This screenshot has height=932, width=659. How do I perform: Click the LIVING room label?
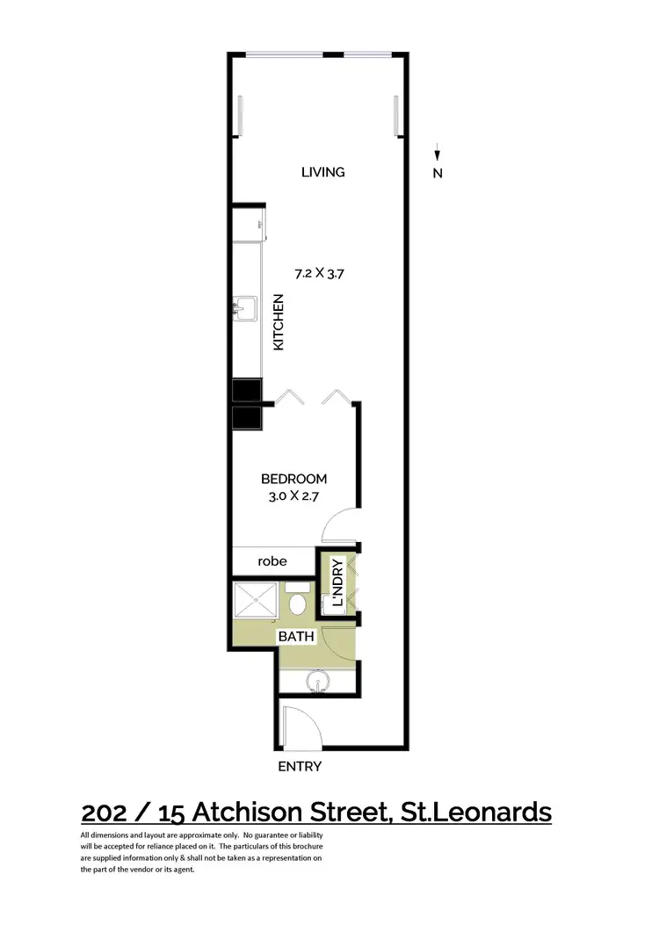[322, 172]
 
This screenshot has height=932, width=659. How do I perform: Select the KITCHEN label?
[279, 322]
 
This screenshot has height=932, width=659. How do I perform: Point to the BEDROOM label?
[294, 480]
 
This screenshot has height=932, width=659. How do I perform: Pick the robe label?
[272, 560]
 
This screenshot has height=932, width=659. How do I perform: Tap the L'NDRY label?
[335, 583]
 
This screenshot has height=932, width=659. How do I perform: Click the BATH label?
[296, 635]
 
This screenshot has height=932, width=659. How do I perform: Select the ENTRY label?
[300, 766]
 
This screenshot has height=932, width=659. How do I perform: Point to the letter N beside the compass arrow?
[438, 173]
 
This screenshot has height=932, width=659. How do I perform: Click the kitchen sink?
[245, 310]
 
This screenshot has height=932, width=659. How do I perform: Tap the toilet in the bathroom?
[298, 602]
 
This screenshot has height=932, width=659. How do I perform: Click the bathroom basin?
[317, 683]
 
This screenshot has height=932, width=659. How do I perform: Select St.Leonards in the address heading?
[474, 813]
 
